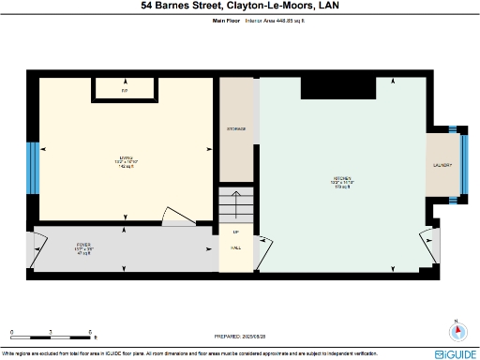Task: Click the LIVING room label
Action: pyautogui.click(x=126, y=157)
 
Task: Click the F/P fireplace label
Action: pyautogui.click(x=125, y=90)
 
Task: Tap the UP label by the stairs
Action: pyautogui.click(x=235, y=232)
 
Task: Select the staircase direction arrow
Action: pyautogui.click(x=235, y=210)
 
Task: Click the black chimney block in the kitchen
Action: pyautogui.click(x=385, y=83)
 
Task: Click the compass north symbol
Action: pyautogui.click(x=457, y=331)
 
